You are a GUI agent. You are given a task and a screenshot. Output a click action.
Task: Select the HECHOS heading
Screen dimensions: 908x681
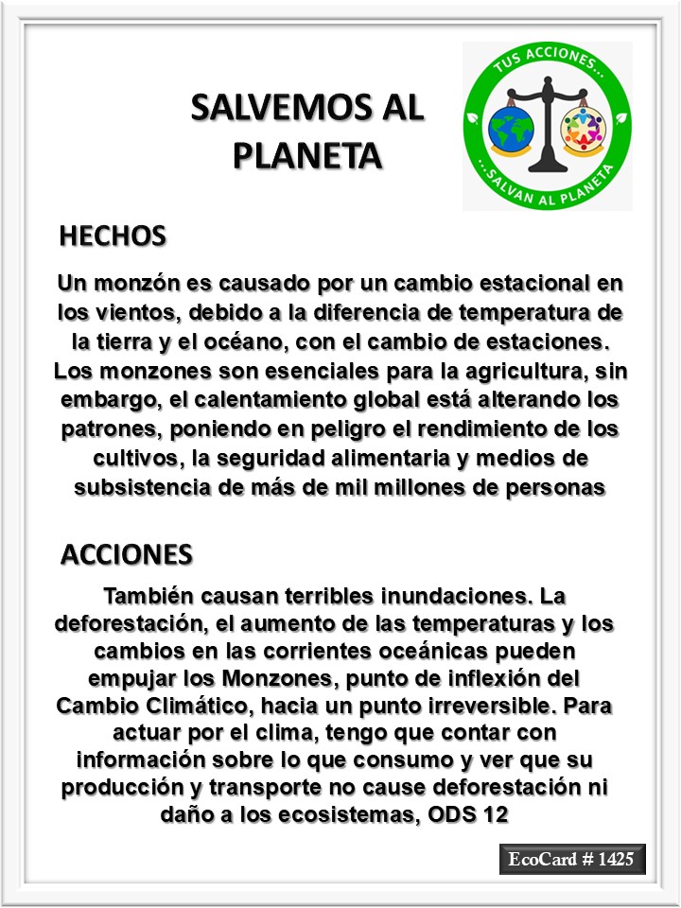tap(113, 236)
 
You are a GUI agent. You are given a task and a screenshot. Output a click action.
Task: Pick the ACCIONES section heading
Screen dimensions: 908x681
tap(126, 554)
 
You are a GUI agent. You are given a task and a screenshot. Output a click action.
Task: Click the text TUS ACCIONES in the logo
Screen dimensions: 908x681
tap(547, 65)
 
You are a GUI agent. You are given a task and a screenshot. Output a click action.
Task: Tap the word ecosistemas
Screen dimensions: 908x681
tap(344, 814)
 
